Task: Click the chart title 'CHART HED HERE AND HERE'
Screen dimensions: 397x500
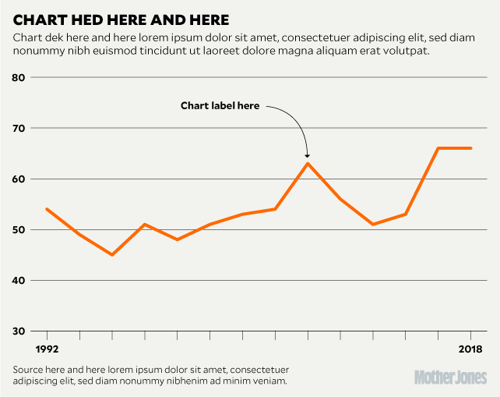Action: click(x=121, y=18)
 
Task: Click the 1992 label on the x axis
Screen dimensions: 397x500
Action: click(x=47, y=349)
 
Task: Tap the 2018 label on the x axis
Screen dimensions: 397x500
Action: click(x=470, y=349)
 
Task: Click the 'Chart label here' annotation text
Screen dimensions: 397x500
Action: click(x=220, y=106)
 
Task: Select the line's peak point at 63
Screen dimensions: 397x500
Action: click(x=308, y=163)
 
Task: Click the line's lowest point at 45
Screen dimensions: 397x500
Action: click(x=112, y=254)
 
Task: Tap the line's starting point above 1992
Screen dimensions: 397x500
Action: click(x=47, y=209)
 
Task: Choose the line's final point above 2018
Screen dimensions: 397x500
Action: click(x=471, y=148)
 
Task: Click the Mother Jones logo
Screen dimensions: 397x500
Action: click(x=449, y=377)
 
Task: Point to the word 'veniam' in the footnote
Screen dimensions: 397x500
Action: click(x=269, y=381)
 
